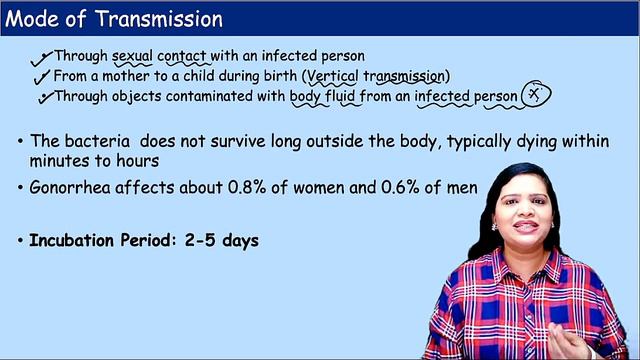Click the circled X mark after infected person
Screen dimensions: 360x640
click(537, 95)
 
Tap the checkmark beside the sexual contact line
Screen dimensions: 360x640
click(44, 57)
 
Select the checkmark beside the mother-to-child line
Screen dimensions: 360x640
click(43, 77)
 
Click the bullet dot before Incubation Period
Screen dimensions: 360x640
click(21, 241)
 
